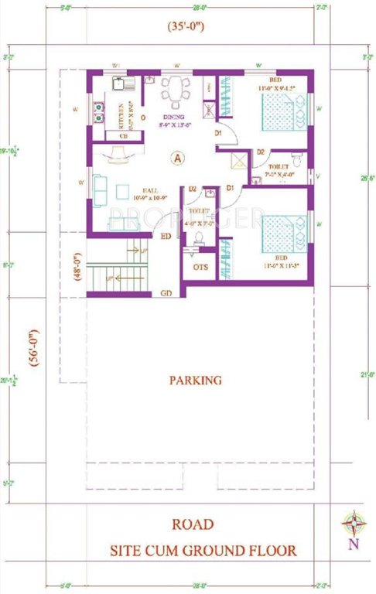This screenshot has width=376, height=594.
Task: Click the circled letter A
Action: coord(177,159)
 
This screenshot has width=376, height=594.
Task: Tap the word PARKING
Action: coord(195,380)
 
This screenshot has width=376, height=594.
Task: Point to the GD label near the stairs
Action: coord(166,294)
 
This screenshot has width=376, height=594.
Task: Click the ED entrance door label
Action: coord(166,237)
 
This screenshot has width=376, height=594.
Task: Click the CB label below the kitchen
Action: coord(124,136)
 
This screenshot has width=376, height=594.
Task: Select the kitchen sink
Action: coord(122,80)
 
